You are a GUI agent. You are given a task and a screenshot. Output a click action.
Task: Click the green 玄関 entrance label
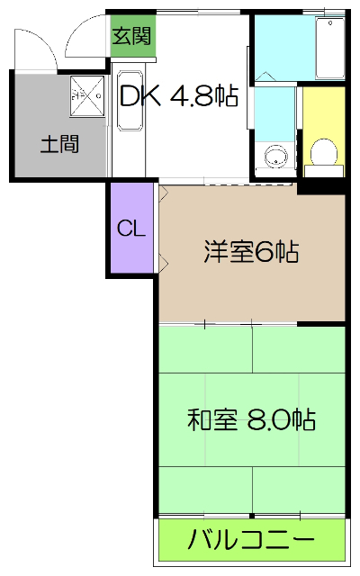tap(131, 38)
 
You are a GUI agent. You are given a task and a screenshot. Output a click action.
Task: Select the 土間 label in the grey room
tap(59, 144)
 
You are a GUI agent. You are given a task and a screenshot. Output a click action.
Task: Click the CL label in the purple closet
tap(131, 229)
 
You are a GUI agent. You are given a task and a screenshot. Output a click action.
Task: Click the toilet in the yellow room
tap(322, 153)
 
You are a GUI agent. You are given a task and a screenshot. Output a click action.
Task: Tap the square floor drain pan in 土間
tap(87, 94)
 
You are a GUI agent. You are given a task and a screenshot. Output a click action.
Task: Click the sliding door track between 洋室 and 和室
tap(252, 322)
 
